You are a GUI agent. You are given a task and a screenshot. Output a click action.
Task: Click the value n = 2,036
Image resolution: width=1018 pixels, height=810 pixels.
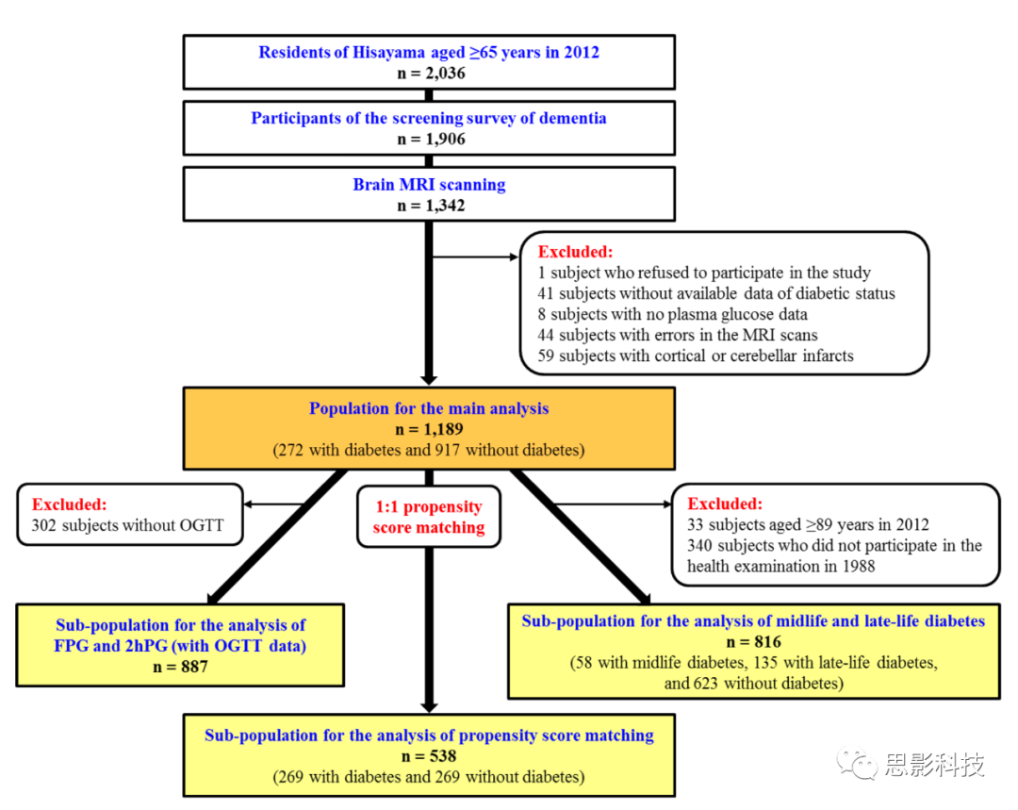click(429, 73)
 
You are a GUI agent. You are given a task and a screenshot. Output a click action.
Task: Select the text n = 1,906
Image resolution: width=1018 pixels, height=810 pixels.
click(429, 139)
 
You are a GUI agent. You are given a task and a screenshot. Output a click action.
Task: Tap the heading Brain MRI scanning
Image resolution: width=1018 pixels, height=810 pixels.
click(429, 185)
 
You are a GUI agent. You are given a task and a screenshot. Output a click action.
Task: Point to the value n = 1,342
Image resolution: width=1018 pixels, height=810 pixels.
click(429, 206)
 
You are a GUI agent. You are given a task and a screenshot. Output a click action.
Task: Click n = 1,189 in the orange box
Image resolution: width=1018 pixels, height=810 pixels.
click(429, 430)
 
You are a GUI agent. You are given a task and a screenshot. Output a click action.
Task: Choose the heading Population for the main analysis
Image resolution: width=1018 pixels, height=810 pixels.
click(429, 409)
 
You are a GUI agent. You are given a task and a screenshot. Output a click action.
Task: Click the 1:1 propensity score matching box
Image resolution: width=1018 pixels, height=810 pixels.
click(429, 518)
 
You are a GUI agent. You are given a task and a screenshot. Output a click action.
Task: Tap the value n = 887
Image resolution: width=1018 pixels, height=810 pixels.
click(179, 667)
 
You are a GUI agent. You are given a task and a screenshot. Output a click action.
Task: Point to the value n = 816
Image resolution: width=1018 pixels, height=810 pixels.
click(753, 642)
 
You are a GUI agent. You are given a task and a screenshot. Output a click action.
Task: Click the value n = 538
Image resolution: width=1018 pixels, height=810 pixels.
click(429, 756)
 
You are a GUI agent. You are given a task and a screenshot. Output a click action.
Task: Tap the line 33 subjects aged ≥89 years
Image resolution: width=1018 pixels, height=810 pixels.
click(809, 525)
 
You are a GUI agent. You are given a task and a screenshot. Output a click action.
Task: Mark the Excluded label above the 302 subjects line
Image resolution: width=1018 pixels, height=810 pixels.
click(69, 504)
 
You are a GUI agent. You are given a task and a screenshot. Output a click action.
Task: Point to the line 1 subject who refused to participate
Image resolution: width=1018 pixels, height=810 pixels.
click(704, 273)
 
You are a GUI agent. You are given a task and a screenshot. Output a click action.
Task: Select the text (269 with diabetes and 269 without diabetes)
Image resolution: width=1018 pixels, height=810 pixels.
click(429, 777)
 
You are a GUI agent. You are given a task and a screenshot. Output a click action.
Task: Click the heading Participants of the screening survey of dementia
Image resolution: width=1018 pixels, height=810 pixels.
click(429, 119)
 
